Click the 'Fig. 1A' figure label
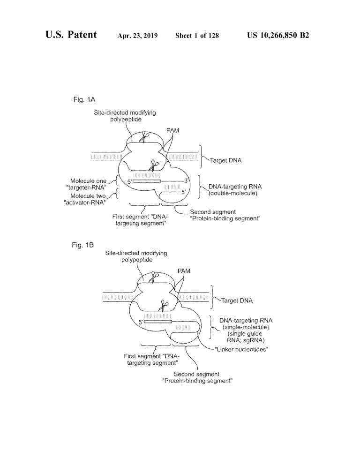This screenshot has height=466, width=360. click(x=84, y=99)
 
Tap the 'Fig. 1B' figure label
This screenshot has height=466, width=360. click(x=82, y=245)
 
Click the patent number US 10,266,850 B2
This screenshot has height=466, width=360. click(x=278, y=35)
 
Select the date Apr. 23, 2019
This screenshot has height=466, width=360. click(x=137, y=36)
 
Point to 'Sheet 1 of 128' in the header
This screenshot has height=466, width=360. click(x=197, y=36)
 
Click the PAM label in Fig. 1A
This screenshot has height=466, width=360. click(x=172, y=130)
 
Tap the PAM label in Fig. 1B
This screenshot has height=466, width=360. click(x=184, y=271)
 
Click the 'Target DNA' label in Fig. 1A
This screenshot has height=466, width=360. click(x=226, y=160)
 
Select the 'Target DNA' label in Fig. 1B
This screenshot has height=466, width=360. click(x=237, y=301)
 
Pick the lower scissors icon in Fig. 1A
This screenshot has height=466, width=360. click(x=154, y=165)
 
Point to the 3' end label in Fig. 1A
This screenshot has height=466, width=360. click(x=187, y=180)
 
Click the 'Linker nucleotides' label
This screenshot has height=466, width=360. click(x=241, y=350)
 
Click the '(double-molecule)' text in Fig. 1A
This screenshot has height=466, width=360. click(x=233, y=194)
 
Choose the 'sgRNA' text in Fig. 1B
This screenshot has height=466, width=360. click(x=254, y=340)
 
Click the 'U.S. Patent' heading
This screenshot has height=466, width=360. click(x=71, y=35)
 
